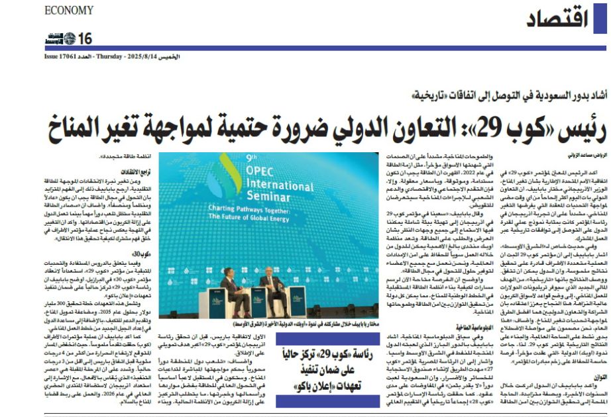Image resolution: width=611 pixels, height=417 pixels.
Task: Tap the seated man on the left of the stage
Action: click(236, 291)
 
